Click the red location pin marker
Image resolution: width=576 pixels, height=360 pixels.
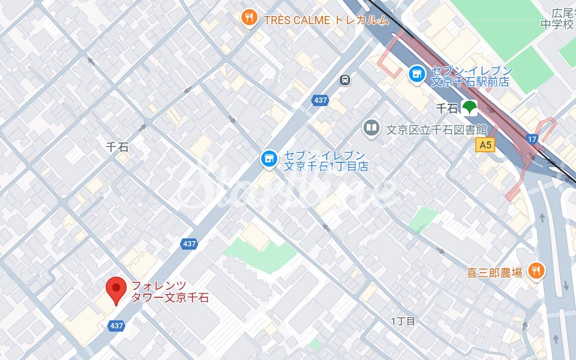tap(116, 289)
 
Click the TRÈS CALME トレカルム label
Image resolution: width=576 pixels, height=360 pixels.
tap(326, 20)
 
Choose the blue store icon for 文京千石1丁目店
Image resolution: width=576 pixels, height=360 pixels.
tap(268, 158)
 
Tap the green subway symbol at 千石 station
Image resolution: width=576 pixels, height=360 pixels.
tap(469, 107)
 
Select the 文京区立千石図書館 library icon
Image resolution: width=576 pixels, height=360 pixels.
tap(370, 128)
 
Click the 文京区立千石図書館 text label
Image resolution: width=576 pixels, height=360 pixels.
tap(436, 129)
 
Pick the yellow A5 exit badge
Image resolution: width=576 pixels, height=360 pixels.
tap(486, 144)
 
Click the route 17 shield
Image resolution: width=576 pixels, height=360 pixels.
tap(532, 139)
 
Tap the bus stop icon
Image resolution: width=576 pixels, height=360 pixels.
tap(345, 80)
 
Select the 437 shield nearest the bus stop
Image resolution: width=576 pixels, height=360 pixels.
tap(321, 100)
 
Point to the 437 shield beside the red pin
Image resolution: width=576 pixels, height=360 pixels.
tap(116, 325)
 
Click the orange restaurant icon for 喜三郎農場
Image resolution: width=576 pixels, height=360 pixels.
tap(535, 271)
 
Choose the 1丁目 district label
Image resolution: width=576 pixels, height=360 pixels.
tap(403, 321)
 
